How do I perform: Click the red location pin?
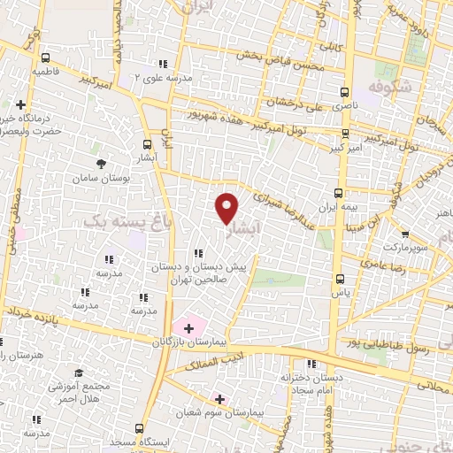[x=228, y=207]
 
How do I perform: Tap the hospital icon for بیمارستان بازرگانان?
[x=188, y=328]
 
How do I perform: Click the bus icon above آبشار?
[x=147, y=144]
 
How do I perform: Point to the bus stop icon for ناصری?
[x=343, y=91]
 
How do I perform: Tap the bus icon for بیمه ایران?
[x=338, y=192]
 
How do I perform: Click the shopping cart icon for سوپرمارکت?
[x=404, y=234]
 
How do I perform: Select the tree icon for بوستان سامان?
[x=101, y=164]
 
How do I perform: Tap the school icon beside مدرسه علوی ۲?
[x=162, y=63]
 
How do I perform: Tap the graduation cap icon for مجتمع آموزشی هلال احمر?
[x=79, y=373]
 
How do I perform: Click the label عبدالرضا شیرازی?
[x=288, y=204]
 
